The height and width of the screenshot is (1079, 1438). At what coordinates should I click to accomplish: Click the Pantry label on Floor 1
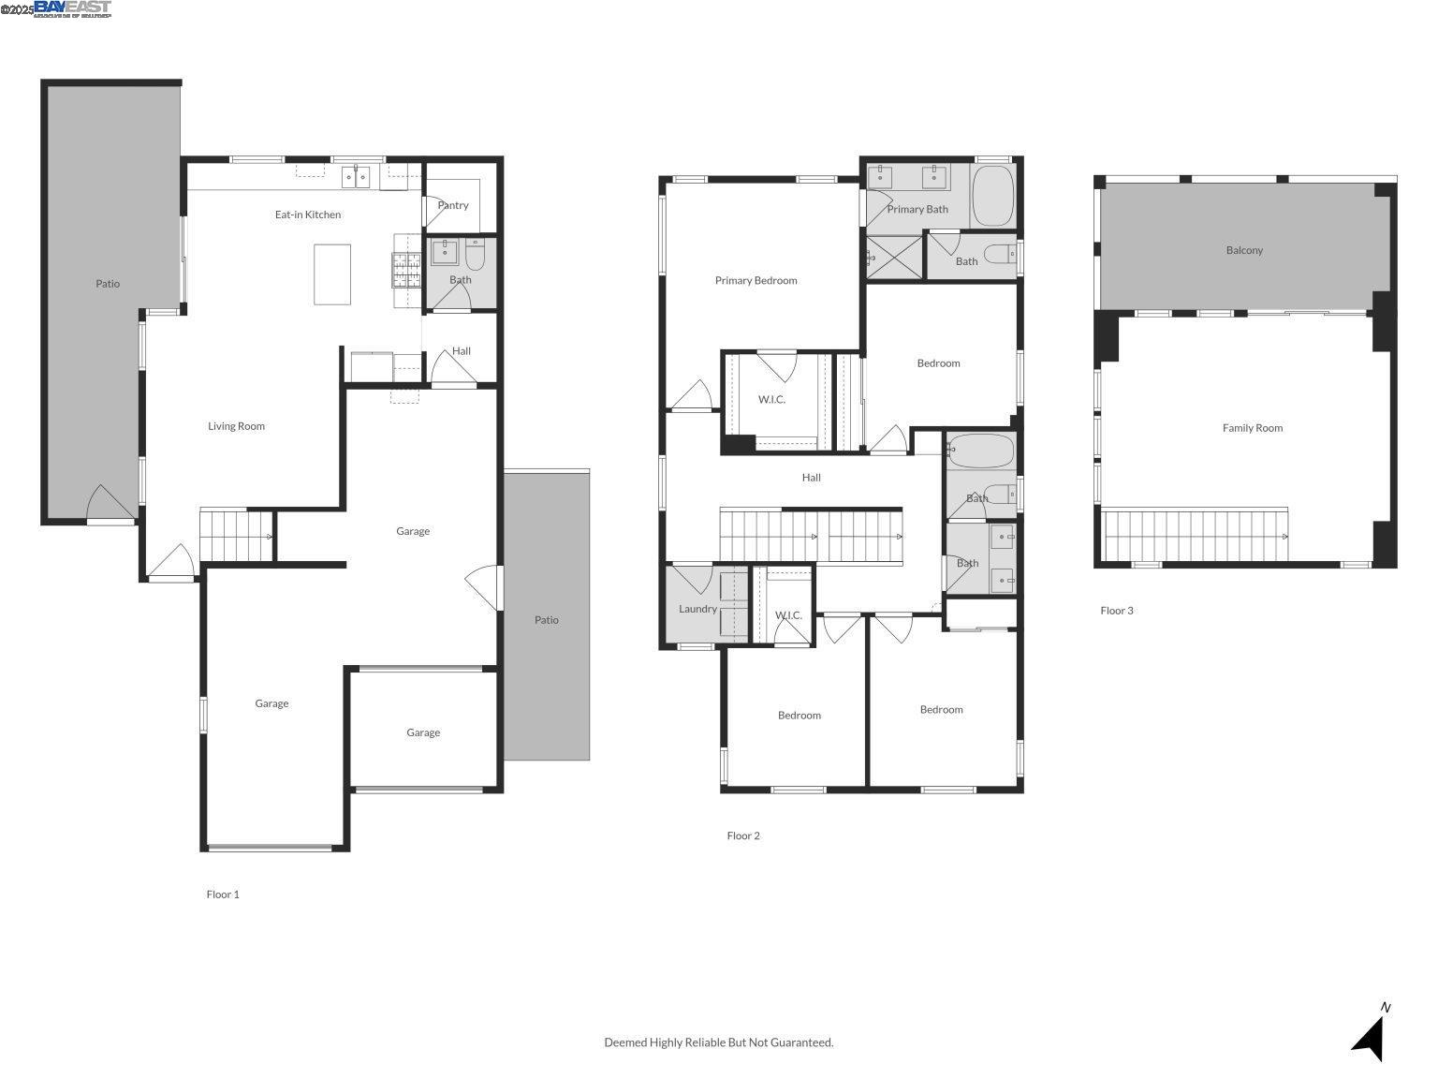point(453,205)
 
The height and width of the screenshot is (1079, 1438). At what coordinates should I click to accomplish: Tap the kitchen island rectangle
point(332,274)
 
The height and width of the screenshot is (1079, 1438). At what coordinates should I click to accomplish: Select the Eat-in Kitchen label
point(308,214)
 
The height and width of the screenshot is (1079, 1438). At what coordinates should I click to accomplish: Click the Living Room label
point(236,426)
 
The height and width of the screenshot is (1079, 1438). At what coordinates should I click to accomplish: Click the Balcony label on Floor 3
point(1244,250)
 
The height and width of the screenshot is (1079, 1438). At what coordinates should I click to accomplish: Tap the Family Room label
point(1252,428)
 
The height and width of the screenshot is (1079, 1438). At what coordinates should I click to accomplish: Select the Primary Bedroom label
point(756,280)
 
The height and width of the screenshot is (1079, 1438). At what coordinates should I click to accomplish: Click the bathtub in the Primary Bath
point(992,196)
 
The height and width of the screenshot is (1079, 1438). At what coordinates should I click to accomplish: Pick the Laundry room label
point(697,609)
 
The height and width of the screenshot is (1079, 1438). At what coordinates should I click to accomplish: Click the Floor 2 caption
point(743,835)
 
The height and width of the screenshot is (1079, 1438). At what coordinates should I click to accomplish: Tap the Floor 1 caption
point(223,894)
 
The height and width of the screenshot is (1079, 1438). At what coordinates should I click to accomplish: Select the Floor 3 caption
point(1116,611)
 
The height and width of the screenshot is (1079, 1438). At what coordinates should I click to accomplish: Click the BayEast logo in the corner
point(72,8)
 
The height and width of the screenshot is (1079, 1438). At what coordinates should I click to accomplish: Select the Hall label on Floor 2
point(811,478)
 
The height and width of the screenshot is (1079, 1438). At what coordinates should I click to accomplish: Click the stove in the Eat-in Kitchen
point(407,270)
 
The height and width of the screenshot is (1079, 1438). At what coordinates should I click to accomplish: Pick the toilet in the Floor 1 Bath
point(475,254)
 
